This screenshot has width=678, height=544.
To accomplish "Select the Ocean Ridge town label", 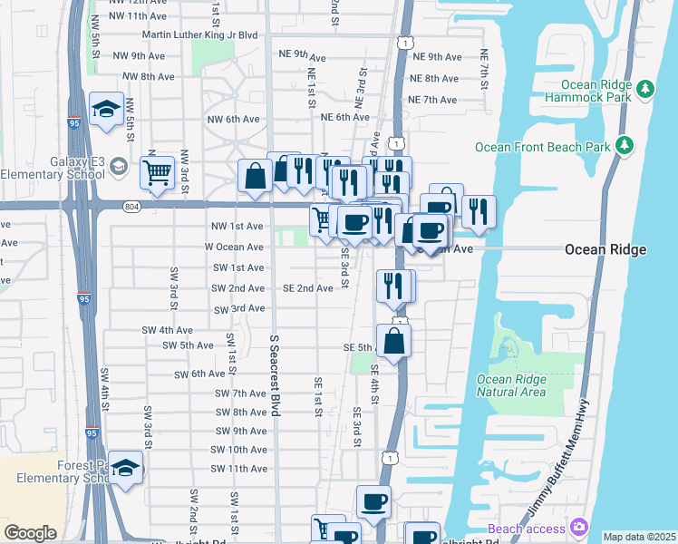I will click(x=605, y=249).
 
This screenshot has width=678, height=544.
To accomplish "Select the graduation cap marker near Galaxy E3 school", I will click(x=107, y=110).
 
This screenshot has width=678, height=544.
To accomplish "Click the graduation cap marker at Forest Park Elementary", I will click(x=126, y=467).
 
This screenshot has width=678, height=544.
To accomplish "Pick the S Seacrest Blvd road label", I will click(x=274, y=374).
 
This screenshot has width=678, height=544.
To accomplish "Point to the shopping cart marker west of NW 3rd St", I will click(x=159, y=171).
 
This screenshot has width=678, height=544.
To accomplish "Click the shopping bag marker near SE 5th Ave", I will click(x=394, y=341).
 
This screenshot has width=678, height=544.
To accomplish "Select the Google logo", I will click(x=30, y=533).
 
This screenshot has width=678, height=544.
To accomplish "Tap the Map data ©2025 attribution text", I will click(x=639, y=537).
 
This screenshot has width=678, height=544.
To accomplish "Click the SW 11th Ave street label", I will click(x=238, y=469).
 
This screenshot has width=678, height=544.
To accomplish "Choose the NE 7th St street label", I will click(x=485, y=70).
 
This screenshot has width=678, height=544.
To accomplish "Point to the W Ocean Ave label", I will click(x=234, y=247).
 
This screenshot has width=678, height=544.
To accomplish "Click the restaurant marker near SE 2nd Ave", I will click(x=392, y=286).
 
